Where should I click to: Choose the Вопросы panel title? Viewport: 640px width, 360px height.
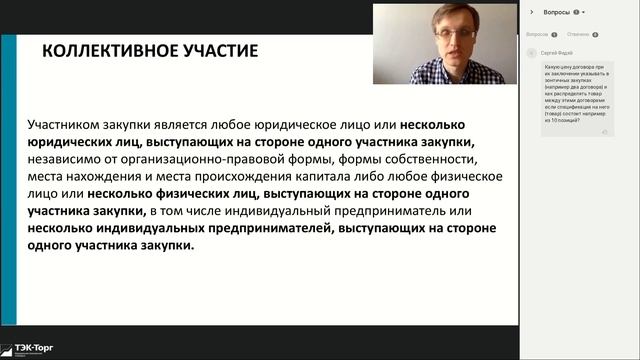[x=558, y=12]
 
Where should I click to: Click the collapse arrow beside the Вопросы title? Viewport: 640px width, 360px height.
[x=530, y=12]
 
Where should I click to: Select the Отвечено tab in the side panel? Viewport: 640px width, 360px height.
[x=577, y=35]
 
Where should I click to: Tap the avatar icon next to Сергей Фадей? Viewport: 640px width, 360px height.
[x=535, y=49]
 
